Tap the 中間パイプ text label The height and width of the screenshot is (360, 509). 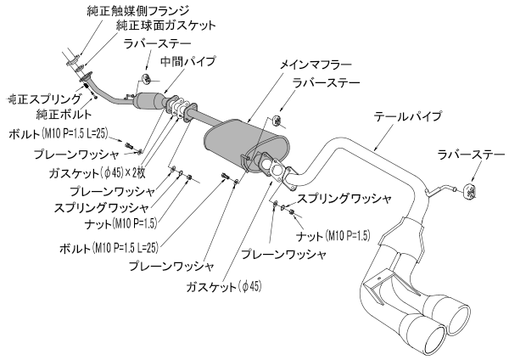(187, 62)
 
